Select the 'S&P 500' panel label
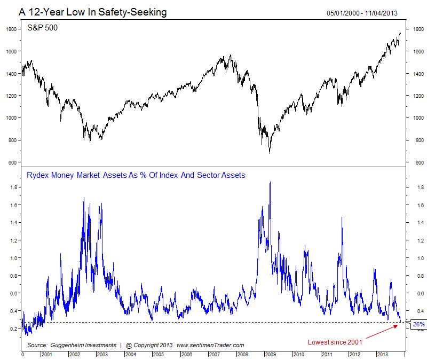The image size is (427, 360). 42,28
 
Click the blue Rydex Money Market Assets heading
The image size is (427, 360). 136,175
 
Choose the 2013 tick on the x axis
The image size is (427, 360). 382,354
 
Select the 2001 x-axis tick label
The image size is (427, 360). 45,354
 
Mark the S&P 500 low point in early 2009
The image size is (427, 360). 269,153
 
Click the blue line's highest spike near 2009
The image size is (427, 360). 270,182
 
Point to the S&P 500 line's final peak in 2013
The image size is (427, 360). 400,33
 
